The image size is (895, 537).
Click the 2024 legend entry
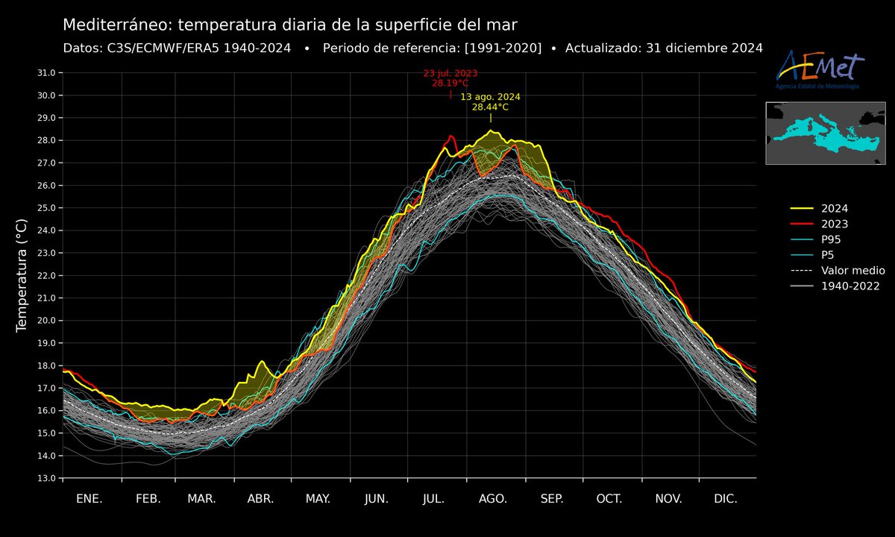(834, 209)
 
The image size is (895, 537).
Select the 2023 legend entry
(834, 224)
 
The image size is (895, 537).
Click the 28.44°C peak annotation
(490, 107)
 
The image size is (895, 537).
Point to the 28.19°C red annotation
(450, 84)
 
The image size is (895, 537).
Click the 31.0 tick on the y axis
(45, 73)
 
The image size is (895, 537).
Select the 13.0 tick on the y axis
(45, 478)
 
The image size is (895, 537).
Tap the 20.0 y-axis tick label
(45, 321)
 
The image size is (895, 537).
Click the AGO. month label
(493, 499)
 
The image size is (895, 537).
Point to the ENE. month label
(89, 499)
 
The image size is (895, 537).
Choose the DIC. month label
(726, 499)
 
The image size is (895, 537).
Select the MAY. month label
(318, 499)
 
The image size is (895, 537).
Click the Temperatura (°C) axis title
(22, 276)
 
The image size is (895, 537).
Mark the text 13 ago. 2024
(490, 97)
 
